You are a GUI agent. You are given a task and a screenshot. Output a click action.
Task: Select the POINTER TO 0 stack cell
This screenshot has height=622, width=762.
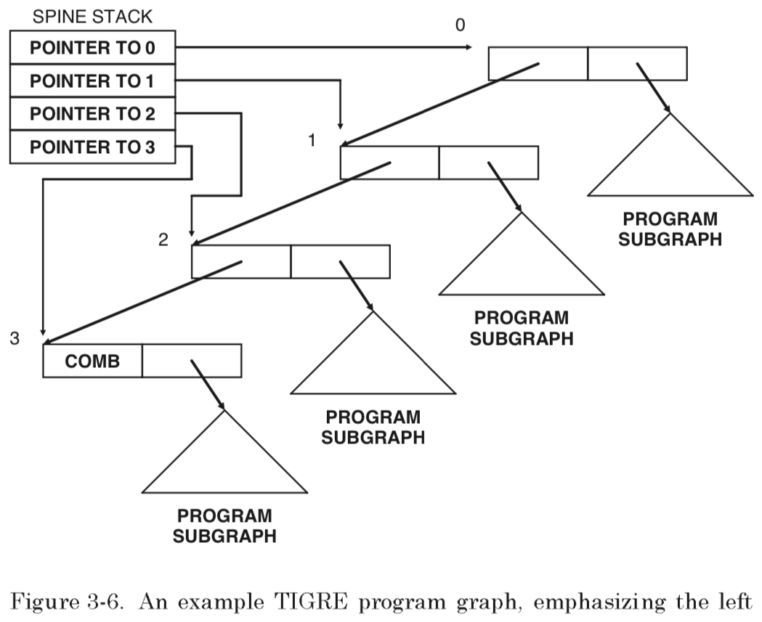click(x=93, y=49)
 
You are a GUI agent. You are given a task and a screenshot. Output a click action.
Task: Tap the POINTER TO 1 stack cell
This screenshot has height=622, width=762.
click(x=93, y=81)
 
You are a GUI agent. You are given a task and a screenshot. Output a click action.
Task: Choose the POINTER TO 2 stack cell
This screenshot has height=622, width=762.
click(x=93, y=114)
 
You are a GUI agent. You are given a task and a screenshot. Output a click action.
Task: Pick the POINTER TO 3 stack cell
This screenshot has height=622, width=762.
click(x=93, y=147)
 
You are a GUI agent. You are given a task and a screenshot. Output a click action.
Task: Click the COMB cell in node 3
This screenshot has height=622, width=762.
click(x=93, y=361)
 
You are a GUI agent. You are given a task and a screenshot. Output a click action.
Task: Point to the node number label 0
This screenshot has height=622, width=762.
click(x=459, y=25)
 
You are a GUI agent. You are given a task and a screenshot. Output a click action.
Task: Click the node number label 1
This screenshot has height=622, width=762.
click(x=312, y=140)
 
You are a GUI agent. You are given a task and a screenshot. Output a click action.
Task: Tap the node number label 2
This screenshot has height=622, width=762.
click(x=163, y=240)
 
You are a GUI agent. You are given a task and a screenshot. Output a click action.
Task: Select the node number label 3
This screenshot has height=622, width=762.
click(x=15, y=337)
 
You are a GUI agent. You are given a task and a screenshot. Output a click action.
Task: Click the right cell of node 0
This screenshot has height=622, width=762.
click(x=637, y=63)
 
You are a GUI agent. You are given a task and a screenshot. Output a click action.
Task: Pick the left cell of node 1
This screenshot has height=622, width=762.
click(x=389, y=163)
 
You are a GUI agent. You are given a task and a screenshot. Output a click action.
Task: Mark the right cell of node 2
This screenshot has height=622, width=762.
click(x=340, y=261)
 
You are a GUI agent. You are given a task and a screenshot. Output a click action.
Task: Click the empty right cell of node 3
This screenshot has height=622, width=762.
click(x=192, y=361)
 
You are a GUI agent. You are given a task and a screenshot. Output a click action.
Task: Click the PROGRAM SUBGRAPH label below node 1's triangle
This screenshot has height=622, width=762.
click(x=522, y=328)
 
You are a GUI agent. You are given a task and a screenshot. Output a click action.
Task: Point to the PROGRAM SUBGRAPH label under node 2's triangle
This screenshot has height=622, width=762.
click(x=373, y=427)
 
